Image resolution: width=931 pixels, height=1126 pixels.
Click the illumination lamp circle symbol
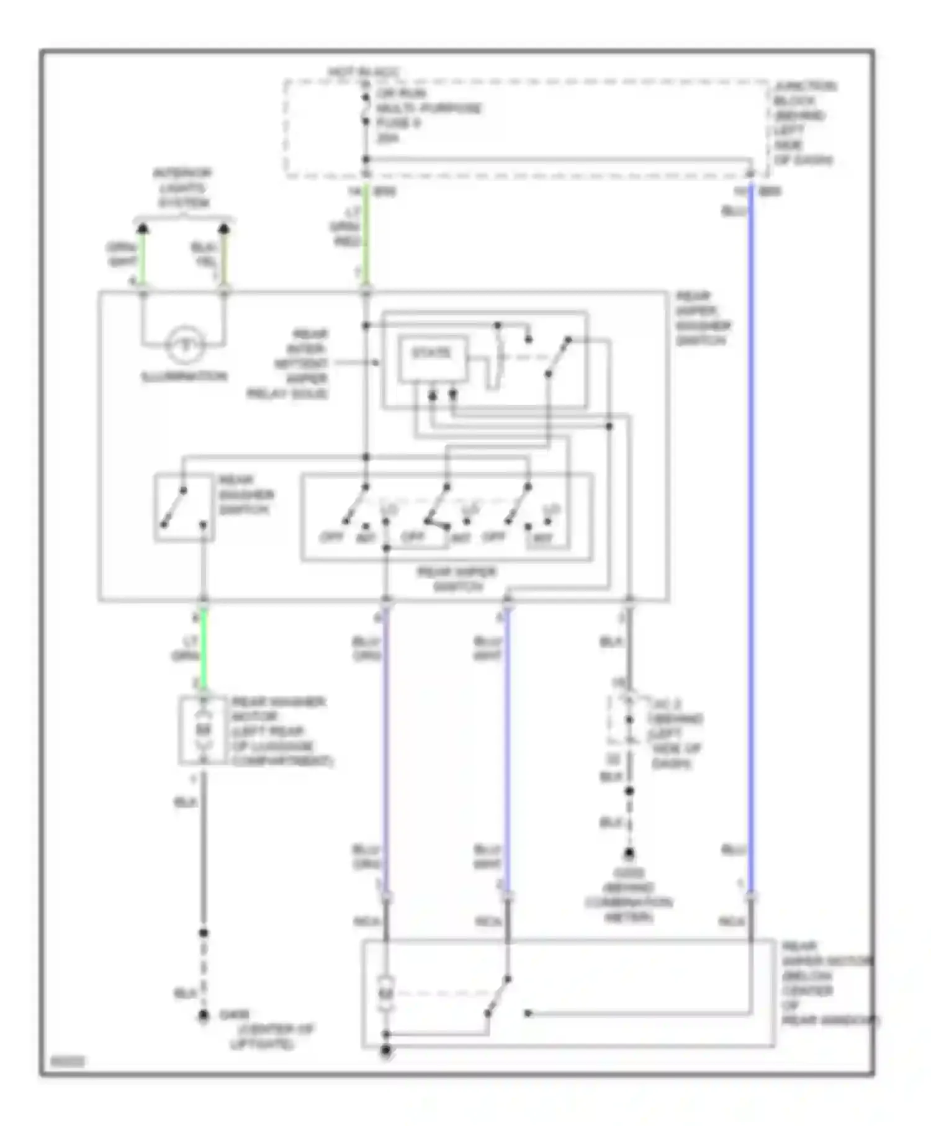pyautogui.click(x=184, y=344)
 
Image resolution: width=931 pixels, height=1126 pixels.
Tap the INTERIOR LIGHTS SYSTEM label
pyautogui.click(x=183, y=187)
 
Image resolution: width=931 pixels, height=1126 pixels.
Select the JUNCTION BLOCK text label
pyautogui.click(x=804, y=123)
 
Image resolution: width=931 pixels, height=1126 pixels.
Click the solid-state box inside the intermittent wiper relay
pyautogui.click(x=433, y=358)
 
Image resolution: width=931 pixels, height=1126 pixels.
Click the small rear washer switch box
pyautogui.click(x=184, y=508)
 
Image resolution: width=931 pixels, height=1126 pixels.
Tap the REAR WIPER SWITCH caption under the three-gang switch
pyautogui.click(x=457, y=579)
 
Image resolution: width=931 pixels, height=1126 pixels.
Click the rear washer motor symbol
pyautogui.click(x=203, y=730)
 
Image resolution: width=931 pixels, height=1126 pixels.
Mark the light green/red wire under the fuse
pyautogui.click(x=366, y=236)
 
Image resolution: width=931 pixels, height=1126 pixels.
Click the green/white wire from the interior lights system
pyautogui.click(x=142, y=256)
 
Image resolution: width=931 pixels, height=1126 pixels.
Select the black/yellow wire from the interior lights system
pyautogui.click(x=224, y=256)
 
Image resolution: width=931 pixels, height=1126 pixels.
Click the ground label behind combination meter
pyautogui.click(x=628, y=895)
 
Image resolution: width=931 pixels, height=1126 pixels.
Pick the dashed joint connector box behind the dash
pyautogui.click(x=628, y=720)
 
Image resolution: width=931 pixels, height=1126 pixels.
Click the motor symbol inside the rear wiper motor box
pyautogui.click(x=386, y=993)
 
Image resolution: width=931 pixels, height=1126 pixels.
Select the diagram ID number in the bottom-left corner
pyautogui.click(x=67, y=1063)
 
